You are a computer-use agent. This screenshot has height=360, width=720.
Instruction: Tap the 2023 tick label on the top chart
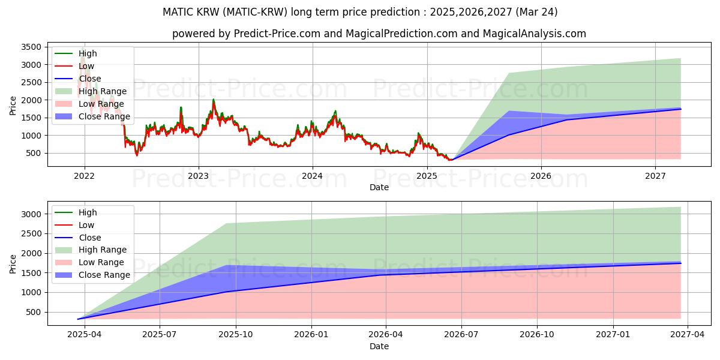[x=198, y=176]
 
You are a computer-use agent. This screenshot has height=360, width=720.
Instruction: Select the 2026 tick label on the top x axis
[x=541, y=176]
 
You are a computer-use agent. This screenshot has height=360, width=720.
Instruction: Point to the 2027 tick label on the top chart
[x=655, y=176]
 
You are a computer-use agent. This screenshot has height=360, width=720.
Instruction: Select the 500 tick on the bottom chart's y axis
[x=35, y=312]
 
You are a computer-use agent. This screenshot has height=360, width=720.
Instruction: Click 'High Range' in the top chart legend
[x=103, y=91]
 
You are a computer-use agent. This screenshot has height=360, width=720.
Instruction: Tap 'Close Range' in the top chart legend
[x=104, y=116]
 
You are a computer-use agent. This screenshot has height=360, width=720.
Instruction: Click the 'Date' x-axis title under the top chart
[x=379, y=187]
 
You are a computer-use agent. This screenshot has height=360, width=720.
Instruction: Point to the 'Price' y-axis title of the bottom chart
[x=13, y=263]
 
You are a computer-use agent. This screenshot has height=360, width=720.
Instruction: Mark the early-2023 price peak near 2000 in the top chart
[x=213, y=100]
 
